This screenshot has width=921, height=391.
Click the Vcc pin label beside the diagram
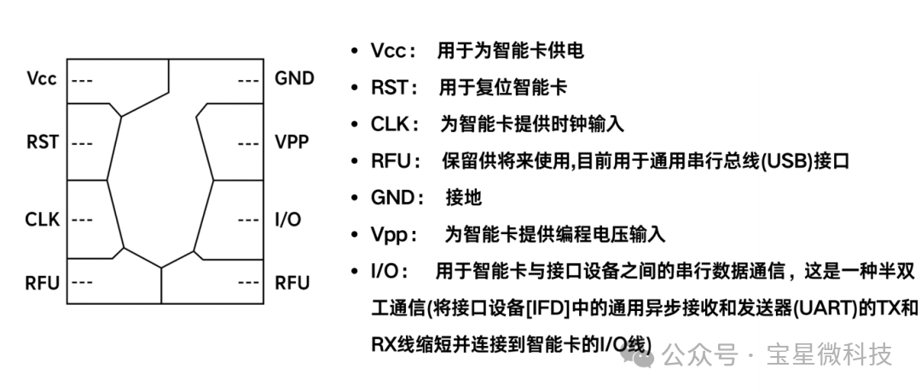click(42, 78)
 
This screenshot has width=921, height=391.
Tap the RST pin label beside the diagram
click(43, 142)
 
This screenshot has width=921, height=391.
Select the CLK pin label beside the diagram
click(43, 220)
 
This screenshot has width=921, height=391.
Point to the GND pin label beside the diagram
click(294, 78)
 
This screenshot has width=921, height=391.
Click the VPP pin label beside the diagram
click(292, 142)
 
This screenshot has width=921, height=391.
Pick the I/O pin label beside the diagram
click(288, 220)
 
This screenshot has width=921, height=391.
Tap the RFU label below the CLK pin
click(43, 283)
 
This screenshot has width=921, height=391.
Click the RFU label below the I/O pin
click(292, 283)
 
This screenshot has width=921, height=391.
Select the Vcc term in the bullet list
click(388, 51)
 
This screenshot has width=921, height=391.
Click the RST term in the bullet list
click(390, 88)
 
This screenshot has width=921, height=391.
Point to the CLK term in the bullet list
click(390, 124)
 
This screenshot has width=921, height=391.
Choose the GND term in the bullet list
click(391, 198)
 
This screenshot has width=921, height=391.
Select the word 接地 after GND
click(463, 198)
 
